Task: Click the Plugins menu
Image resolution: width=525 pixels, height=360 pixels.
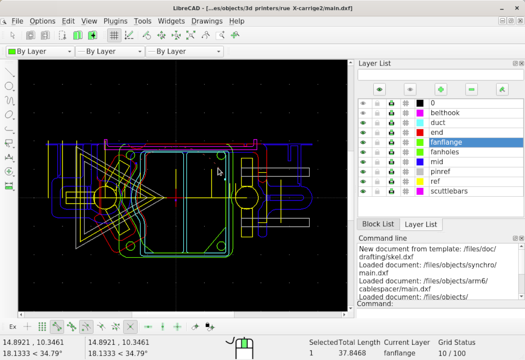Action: (115, 21)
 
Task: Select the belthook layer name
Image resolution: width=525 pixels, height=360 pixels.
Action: (445, 113)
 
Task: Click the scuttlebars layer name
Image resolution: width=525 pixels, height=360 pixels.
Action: (449, 191)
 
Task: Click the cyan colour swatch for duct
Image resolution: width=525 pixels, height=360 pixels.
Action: (420, 123)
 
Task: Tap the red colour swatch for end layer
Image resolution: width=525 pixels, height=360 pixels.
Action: (420, 133)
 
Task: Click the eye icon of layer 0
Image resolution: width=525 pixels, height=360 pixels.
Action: (363, 103)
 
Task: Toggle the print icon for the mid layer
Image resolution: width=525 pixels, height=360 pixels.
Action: (391, 162)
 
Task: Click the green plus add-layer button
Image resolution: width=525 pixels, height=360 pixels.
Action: (441, 89)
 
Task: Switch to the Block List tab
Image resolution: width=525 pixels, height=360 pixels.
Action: (378, 224)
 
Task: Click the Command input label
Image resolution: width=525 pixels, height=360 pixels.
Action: (375, 303)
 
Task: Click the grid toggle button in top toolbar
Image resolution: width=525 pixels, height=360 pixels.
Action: (114, 36)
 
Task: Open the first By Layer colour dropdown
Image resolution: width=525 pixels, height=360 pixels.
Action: (40, 51)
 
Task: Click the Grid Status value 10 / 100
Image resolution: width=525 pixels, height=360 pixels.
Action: (452, 353)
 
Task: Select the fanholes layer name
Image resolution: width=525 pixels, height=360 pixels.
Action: (445, 152)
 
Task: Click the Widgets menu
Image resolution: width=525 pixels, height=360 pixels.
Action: (171, 21)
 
